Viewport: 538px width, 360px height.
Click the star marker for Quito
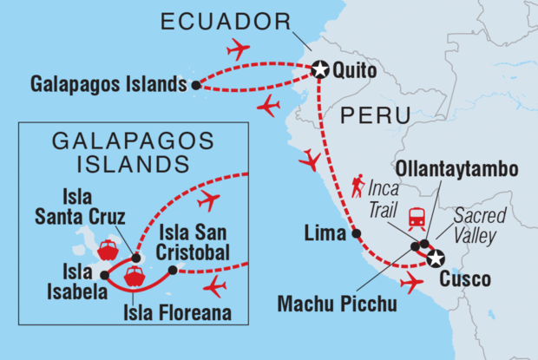(x=319, y=69)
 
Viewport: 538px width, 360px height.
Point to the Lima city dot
(x=355, y=234)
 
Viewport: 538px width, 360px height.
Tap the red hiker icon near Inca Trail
(x=358, y=185)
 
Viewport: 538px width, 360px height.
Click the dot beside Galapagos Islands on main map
(x=197, y=85)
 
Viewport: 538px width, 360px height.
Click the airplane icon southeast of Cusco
(x=413, y=281)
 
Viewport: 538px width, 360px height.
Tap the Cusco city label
(x=465, y=279)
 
